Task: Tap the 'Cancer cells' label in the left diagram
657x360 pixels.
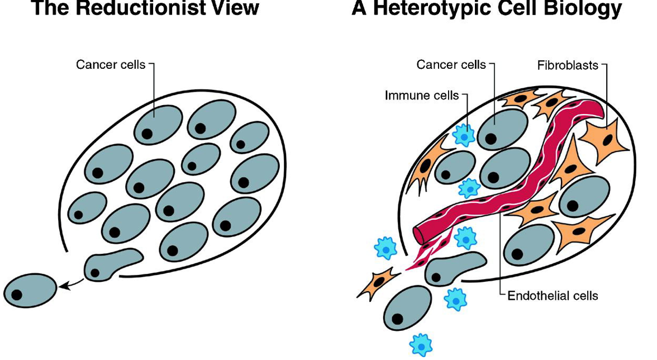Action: (110, 65)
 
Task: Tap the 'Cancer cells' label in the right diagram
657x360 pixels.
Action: (451, 65)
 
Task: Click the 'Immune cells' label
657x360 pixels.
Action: (421, 96)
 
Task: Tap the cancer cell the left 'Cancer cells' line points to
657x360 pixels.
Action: (158, 124)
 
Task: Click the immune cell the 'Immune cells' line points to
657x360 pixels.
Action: (463, 135)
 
